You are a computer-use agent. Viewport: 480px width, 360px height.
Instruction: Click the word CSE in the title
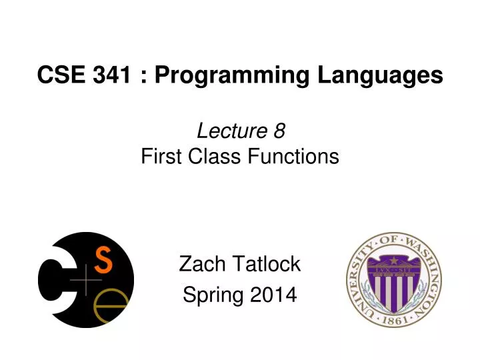coord(59,75)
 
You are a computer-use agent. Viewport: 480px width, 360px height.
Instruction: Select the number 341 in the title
coord(110,75)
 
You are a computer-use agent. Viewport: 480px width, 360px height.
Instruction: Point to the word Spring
coord(213,294)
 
